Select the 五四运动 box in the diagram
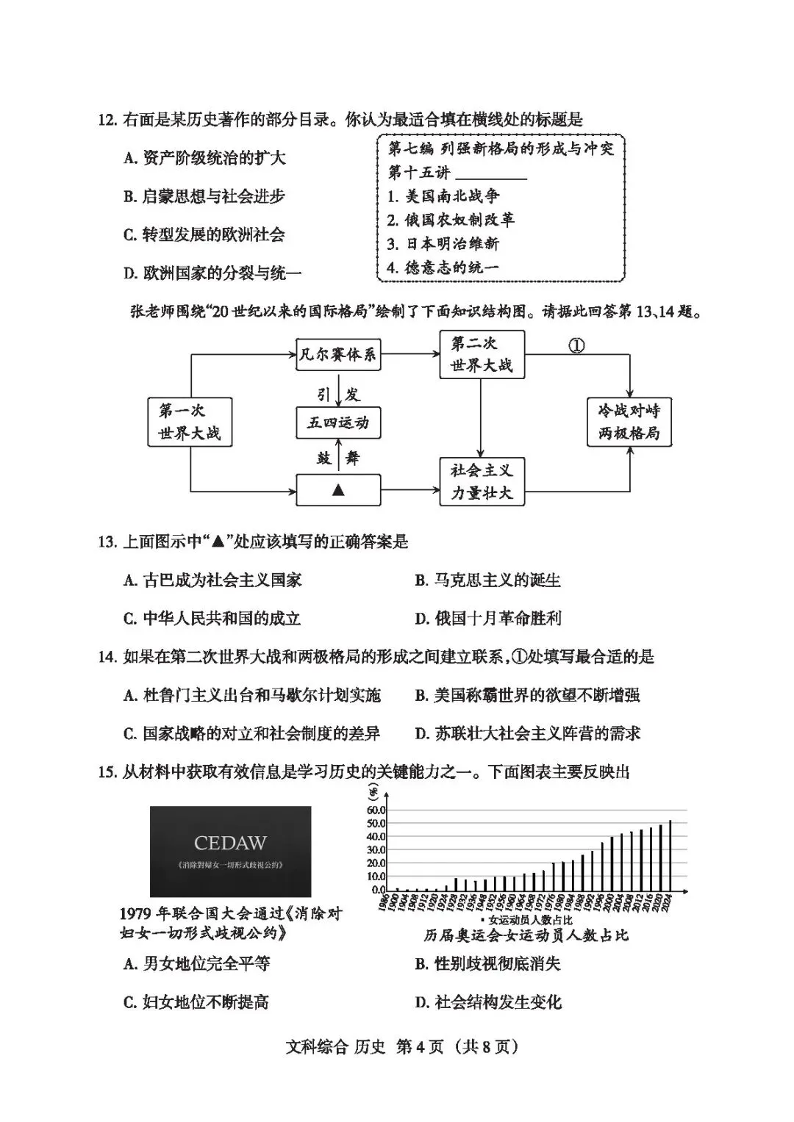pyautogui.click(x=338, y=422)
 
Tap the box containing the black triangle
pyautogui.click(x=338, y=489)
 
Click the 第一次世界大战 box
pyautogui.click(x=190, y=422)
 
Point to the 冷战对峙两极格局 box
pyautogui.click(x=629, y=422)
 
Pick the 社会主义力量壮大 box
pyautogui.click(x=482, y=481)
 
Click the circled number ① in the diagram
pyautogui.click(x=577, y=345)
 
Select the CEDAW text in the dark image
pyautogui.click(x=230, y=843)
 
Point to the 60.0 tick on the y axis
pyautogui.click(x=376, y=810)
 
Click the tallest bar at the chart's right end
pyautogui.click(x=670, y=855)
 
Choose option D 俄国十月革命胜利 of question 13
pyautogui.click(x=488, y=619)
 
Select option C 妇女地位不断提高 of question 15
pyautogui.click(x=196, y=1002)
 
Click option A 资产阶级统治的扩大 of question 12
pyautogui.click(x=204, y=158)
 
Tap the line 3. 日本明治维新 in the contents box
pyautogui.click(x=443, y=244)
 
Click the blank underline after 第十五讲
pyautogui.click(x=491, y=174)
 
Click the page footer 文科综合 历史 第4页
pyautogui.click(x=401, y=1046)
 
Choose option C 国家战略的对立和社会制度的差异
pyautogui.click(x=251, y=733)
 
